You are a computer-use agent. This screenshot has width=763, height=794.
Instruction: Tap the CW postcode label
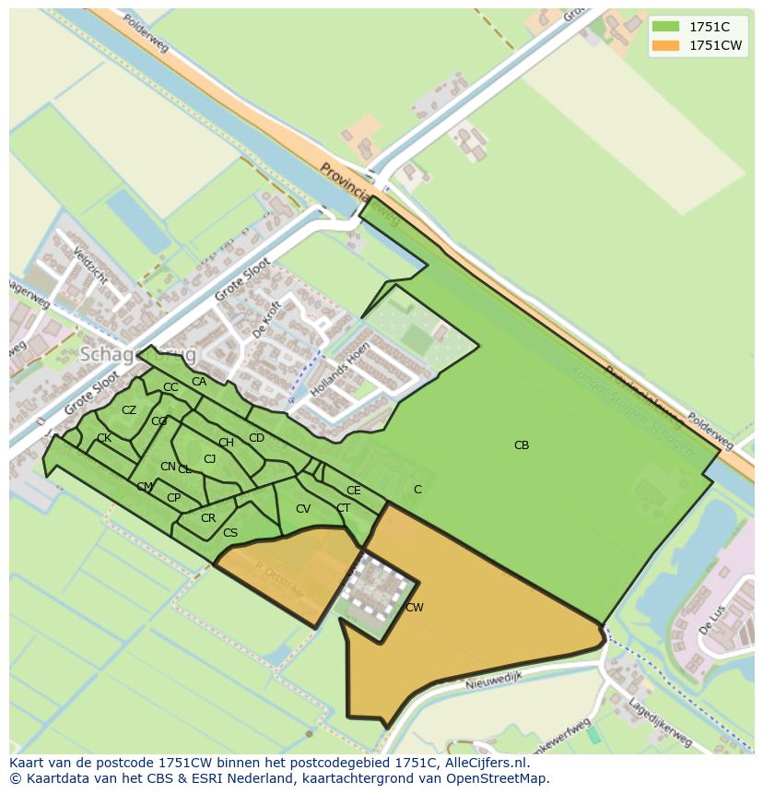click(415, 608)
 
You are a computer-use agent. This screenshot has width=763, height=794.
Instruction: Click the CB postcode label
click(522, 445)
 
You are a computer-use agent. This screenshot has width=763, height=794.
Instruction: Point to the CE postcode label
click(354, 491)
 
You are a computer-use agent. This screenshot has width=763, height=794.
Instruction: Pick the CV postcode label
click(303, 509)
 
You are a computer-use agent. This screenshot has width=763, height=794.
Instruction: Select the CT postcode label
click(343, 508)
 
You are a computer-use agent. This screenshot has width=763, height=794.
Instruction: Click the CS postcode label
click(230, 533)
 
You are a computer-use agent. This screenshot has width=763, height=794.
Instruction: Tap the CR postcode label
click(208, 518)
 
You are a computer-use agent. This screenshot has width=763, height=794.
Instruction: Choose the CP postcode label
click(173, 498)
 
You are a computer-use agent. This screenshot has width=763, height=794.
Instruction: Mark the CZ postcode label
click(129, 410)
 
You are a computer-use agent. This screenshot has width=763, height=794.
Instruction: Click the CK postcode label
click(104, 438)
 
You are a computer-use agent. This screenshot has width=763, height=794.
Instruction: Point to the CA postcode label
click(199, 382)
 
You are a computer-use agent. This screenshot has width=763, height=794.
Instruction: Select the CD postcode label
click(256, 438)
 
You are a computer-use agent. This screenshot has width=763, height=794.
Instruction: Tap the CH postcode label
click(226, 443)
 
